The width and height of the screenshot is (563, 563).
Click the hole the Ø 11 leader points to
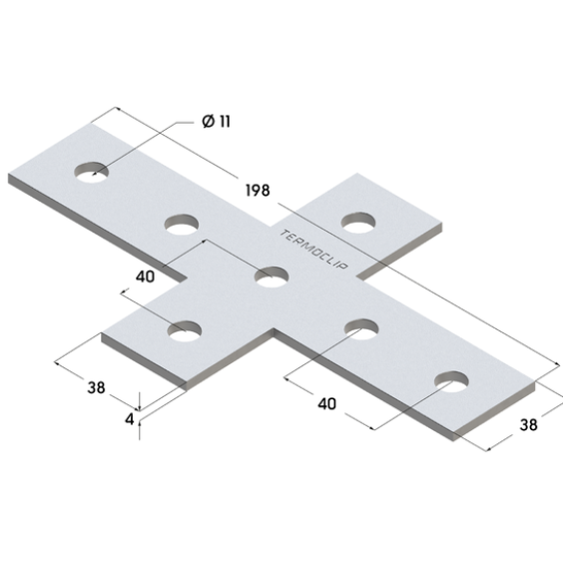[x=91, y=172]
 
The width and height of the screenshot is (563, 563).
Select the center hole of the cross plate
[x=272, y=278]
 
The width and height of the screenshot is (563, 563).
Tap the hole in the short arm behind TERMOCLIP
[x=358, y=223]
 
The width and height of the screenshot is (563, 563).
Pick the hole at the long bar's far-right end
[x=451, y=381]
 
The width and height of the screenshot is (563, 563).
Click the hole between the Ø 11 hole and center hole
[x=182, y=225]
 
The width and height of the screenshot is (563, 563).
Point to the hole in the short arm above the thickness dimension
[x=185, y=331]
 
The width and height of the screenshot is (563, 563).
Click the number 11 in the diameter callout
[x=225, y=122]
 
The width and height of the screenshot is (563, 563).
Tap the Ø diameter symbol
[x=209, y=121]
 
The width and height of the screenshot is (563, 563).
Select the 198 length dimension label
[x=258, y=190]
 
